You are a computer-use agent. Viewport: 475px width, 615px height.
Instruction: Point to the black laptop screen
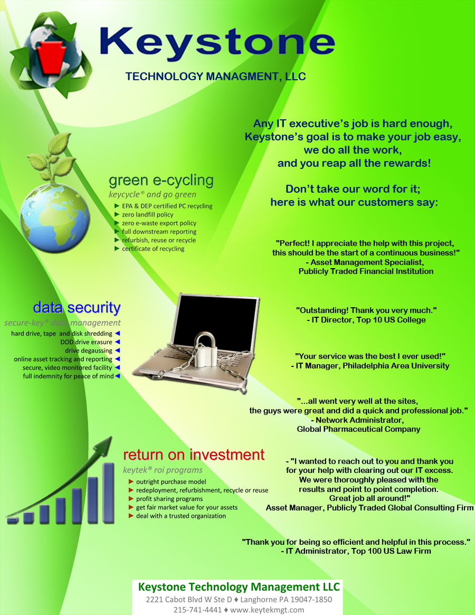tap(215, 321)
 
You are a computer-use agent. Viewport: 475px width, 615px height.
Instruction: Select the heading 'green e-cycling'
tap(161, 181)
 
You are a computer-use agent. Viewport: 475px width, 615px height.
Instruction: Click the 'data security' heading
tap(77, 307)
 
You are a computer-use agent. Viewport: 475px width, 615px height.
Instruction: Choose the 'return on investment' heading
tap(194, 455)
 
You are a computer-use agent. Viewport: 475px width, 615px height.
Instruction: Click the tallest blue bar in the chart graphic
tap(108, 493)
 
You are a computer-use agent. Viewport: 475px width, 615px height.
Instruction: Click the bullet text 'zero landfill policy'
tap(147, 214)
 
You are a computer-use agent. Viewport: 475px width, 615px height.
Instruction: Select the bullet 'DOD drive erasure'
tap(87, 342)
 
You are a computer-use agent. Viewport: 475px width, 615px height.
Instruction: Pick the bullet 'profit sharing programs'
tap(169, 499)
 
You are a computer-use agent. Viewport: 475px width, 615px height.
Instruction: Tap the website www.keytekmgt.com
tap(267, 610)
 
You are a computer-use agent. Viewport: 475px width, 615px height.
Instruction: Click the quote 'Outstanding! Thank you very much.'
tap(366, 310)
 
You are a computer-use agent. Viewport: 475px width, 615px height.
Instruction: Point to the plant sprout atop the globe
tap(51, 157)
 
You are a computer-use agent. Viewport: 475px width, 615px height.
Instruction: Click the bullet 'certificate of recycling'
tap(153, 249)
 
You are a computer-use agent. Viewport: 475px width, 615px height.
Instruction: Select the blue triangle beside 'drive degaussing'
tap(117, 351)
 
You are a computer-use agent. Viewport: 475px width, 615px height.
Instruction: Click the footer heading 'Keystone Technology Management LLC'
tap(239, 587)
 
